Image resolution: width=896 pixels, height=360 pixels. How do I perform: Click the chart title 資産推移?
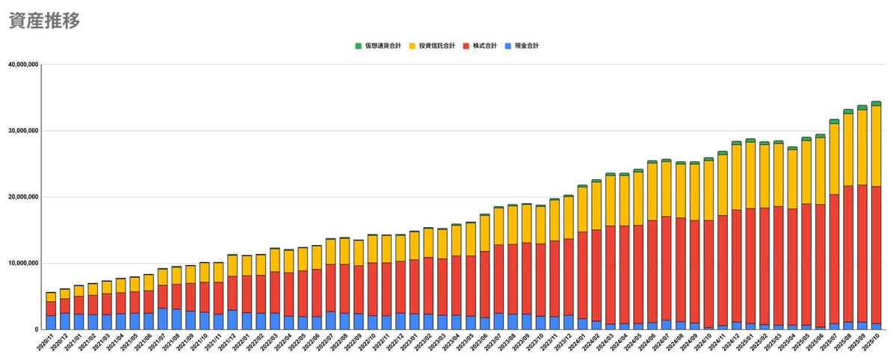[44, 21]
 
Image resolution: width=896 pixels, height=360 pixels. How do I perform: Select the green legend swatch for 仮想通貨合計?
[358, 46]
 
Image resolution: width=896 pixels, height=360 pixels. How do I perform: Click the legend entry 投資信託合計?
[437, 46]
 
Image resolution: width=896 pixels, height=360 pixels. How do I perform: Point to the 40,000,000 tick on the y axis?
[23, 64]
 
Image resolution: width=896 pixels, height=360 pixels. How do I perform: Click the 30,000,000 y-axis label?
[23, 131]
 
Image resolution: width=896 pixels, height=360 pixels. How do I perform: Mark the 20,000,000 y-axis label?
[23, 197]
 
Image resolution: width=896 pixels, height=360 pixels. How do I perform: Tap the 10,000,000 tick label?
[23, 263]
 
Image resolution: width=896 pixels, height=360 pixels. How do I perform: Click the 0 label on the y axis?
[36, 329]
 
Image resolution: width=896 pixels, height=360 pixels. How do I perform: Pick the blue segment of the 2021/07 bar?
[162, 318]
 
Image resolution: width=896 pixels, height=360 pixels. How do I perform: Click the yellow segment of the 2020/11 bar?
[51, 297]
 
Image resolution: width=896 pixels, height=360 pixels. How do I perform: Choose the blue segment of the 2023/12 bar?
[568, 322]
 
